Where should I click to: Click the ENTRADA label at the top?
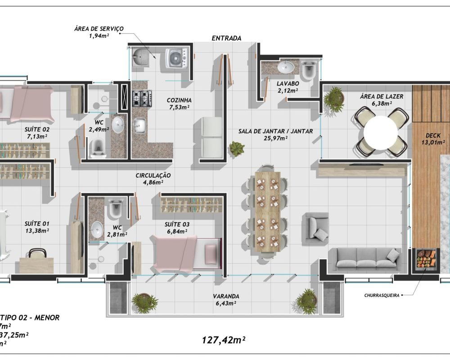click(226, 38)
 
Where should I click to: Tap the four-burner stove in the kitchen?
click(141, 99)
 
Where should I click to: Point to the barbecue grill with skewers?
click(426, 260)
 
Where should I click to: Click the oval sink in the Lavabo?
click(285, 67)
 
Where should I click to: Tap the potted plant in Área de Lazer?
click(334, 96)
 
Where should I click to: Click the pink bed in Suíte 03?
click(187, 252)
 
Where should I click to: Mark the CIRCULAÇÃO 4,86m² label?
click(153, 179)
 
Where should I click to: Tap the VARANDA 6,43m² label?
click(226, 300)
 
